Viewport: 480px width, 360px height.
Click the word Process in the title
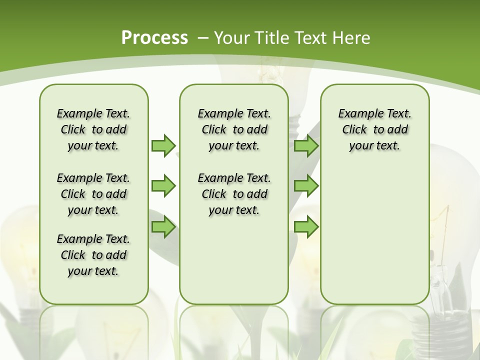pyautogui.click(x=154, y=38)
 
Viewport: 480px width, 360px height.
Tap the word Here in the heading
pyautogui.click(x=351, y=38)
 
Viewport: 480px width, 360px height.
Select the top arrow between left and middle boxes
pyautogui.click(x=163, y=145)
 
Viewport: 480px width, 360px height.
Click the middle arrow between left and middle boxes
pyautogui.click(x=163, y=186)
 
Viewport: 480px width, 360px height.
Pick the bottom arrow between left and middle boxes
pyautogui.click(x=163, y=227)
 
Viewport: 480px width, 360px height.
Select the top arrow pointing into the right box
pyautogui.click(x=306, y=145)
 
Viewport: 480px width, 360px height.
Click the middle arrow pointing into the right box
pyautogui.click(x=306, y=186)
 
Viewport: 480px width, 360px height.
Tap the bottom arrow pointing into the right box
pyautogui.click(x=306, y=227)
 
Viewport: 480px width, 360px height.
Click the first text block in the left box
pyautogui.click(x=93, y=129)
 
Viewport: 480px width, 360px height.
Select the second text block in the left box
pyautogui.click(x=93, y=194)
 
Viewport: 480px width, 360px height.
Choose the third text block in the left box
pyautogui.click(x=93, y=255)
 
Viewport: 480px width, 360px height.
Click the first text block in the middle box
pyautogui.click(x=234, y=129)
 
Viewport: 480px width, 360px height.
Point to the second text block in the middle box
pyautogui.click(x=234, y=194)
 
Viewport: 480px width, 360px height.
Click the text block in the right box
pyautogui.click(x=374, y=129)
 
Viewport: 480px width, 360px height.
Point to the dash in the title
pyautogui.click(x=203, y=38)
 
